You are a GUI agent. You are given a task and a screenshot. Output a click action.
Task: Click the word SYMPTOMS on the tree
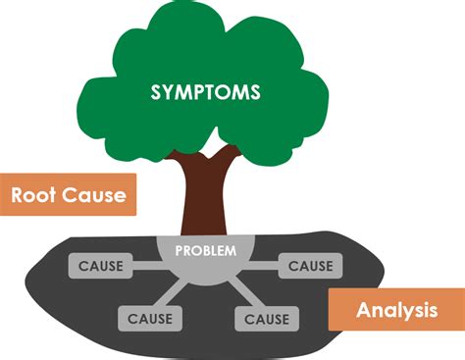tap(205, 93)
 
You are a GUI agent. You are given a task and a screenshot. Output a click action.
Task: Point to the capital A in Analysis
tap(363, 311)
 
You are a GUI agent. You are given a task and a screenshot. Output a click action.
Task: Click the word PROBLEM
tap(205, 250)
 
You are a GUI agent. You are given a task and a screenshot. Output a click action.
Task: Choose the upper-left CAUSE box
tap(99, 265)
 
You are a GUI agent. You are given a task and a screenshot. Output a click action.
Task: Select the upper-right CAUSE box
tap(310, 265)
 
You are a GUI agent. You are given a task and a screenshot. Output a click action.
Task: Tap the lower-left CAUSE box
tap(150, 319)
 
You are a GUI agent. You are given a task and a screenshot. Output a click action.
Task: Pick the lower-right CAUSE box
tap(266, 319)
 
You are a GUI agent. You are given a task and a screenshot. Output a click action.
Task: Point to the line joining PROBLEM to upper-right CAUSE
tap(263, 265)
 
